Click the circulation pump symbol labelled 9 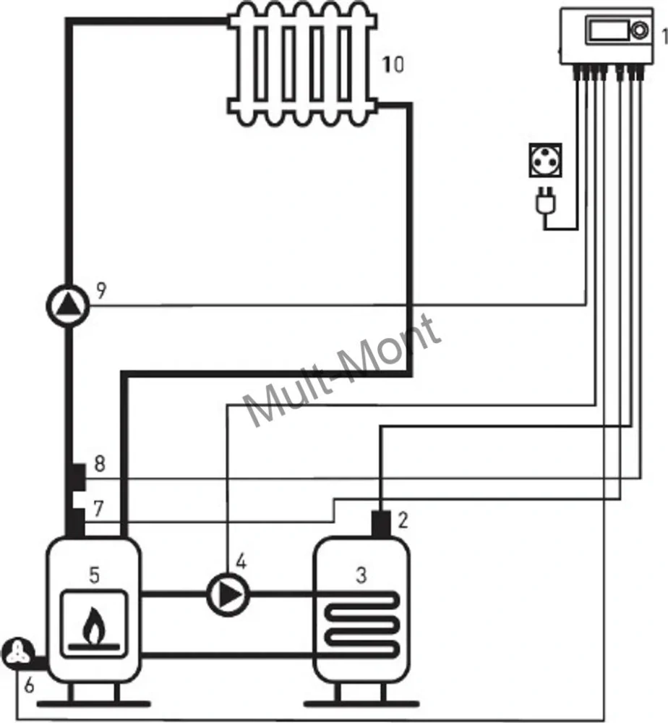pyautogui.click(x=68, y=305)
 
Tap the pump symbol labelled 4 pyautogui.click(x=228, y=595)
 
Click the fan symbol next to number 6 pyautogui.click(x=18, y=652)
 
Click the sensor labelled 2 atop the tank pyautogui.click(x=381, y=524)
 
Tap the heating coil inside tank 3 pyautogui.click(x=361, y=624)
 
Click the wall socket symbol pyautogui.click(x=545, y=160)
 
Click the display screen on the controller pyautogui.click(x=608, y=30)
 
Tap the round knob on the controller pyautogui.click(x=639, y=30)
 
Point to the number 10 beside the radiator pyautogui.click(x=393, y=64)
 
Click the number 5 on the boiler pyautogui.click(x=94, y=575)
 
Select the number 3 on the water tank pyautogui.click(x=361, y=575)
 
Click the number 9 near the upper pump pyautogui.click(x=101, y=290)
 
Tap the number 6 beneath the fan pyautogui.click(x=29, y=685)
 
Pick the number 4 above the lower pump pyautogui.click(x=241, y=562)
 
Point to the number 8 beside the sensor pyautogui.click(x=100, y=463)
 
